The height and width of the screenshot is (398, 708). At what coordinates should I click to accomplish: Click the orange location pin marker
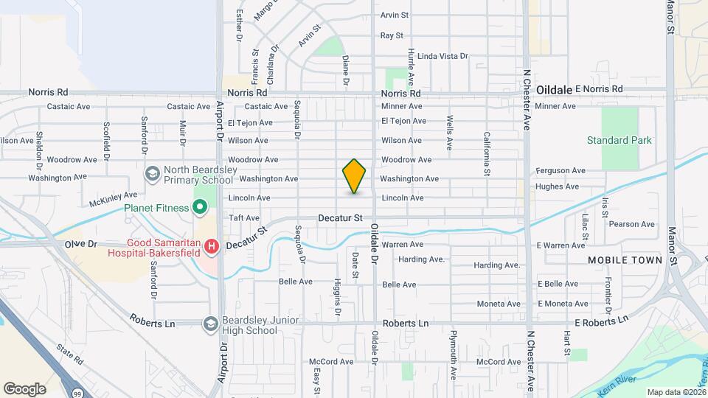(354, 176)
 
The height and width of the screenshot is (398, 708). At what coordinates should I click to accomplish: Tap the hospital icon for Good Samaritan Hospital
(212, 245)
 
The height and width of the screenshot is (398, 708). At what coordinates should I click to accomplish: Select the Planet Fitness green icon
(198, 208)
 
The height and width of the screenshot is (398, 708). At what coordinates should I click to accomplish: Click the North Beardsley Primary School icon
(153, 174)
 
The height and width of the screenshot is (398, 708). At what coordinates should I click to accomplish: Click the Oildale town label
(554, 89)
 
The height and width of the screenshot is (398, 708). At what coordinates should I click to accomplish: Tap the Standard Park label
(619, 140)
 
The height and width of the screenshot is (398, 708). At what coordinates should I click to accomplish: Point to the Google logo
(24, 388)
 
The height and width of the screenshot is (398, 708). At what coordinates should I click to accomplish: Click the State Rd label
(71, 355)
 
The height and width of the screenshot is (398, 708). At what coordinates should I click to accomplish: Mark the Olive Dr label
(81, 243)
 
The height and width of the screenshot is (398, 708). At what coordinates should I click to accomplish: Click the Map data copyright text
(675, 392)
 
